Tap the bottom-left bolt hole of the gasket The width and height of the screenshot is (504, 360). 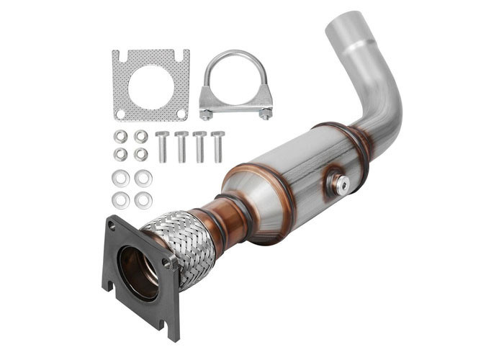(x=120, y=114)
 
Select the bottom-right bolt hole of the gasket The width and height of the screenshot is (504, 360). (x=182, y=114)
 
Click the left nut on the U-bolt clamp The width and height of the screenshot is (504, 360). (x=207, y=113)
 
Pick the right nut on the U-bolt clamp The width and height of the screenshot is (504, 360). (x=266, y=113)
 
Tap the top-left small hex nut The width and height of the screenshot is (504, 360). (x=121, y=136)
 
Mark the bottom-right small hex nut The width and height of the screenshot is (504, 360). (x=141, y=154)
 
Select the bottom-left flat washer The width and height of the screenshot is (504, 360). (x=121, y=200)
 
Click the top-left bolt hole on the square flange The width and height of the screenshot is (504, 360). (x=112, y=225)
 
